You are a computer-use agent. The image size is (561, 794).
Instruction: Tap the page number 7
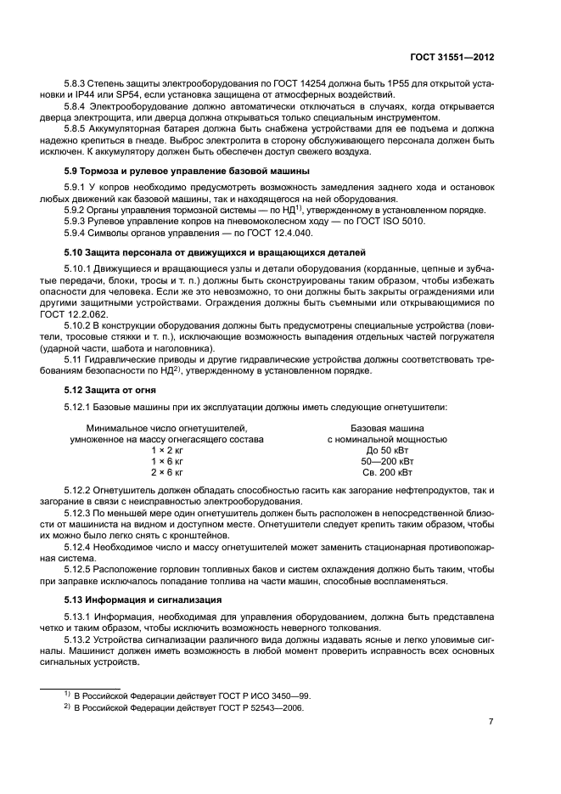(491, 721)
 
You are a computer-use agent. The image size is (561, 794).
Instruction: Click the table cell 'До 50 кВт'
(387, 450)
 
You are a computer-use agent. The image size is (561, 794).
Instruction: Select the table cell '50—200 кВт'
(387, 461)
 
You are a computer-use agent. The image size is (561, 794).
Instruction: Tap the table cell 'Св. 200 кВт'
(387, 472)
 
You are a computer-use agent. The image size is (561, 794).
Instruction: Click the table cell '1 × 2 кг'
(166, 450)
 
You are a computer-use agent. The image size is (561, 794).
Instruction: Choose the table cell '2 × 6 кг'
(166, 472)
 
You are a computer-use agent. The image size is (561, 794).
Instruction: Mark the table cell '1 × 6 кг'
(166, 461)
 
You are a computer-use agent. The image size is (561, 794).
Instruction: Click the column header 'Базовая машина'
(387, 428)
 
